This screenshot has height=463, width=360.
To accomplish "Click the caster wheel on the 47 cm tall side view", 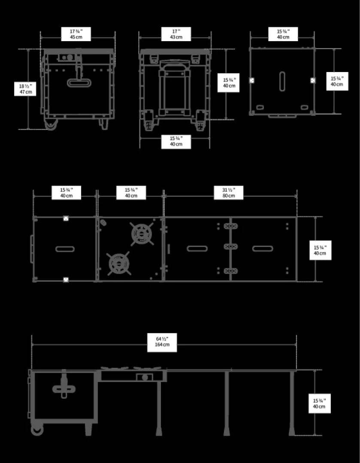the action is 51,124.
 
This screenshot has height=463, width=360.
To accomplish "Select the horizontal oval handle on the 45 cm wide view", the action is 79,83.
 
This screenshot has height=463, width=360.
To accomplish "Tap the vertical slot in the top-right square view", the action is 282,81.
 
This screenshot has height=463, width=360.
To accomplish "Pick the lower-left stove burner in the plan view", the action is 119,263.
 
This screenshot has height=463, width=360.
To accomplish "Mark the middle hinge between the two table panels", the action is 230,247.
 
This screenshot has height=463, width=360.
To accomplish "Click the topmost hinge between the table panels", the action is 230,226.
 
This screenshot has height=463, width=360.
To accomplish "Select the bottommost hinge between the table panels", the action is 230,271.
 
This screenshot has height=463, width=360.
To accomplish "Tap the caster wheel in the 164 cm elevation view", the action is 37,430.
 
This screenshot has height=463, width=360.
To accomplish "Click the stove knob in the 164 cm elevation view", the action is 145,377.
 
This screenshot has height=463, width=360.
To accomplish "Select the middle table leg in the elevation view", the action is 227,403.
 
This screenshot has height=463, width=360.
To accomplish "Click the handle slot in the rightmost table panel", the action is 263,249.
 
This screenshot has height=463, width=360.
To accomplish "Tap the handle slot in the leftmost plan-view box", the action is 65,249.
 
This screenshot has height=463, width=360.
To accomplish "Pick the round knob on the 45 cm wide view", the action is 70,57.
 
